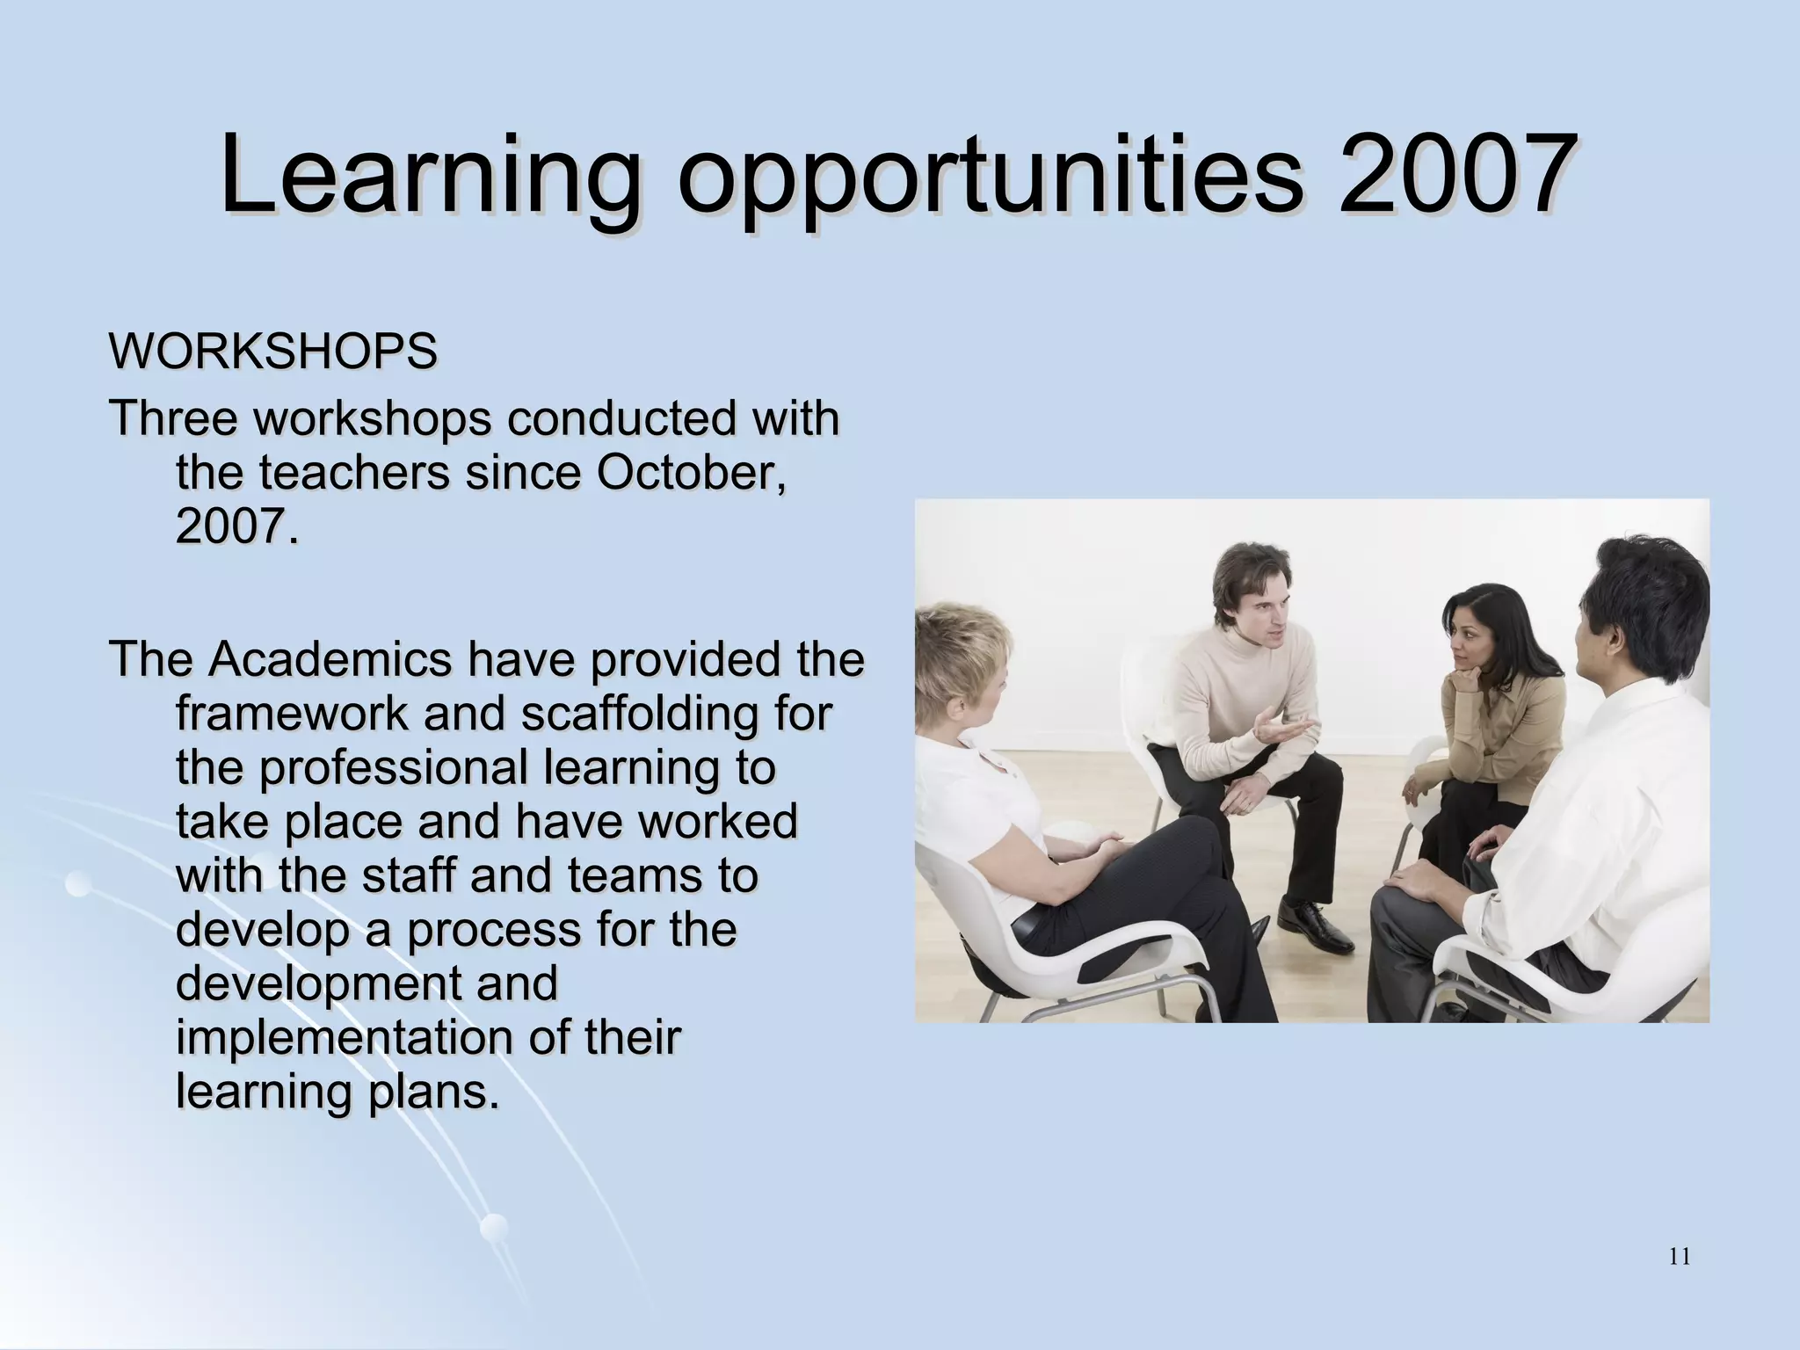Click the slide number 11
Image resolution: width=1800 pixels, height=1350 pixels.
click(x=1679, y=1258)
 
